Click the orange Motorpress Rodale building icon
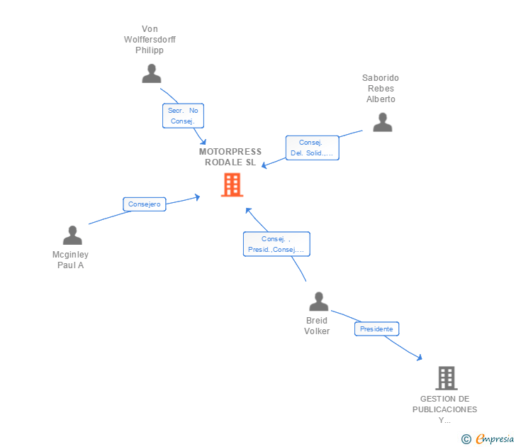(232, 184)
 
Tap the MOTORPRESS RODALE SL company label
(230, 157)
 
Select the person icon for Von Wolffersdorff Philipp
(151, 73)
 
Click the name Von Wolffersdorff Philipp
(150, 40)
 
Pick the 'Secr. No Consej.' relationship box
(183, 116)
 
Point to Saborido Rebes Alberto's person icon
(382, 122)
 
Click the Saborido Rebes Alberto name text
(381, 89)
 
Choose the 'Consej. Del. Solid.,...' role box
(312, 148)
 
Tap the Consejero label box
(145, 204)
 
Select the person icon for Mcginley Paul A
(72, 235)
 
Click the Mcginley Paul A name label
(71, 260)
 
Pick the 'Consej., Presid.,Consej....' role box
(276, 244)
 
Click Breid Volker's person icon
(318, 302)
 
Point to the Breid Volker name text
(317, 326)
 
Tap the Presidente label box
(376, 329)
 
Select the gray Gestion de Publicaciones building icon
(446, 378)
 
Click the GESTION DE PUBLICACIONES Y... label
(445, 409)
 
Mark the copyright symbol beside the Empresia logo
(466, 439)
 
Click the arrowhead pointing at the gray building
(420, 358)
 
